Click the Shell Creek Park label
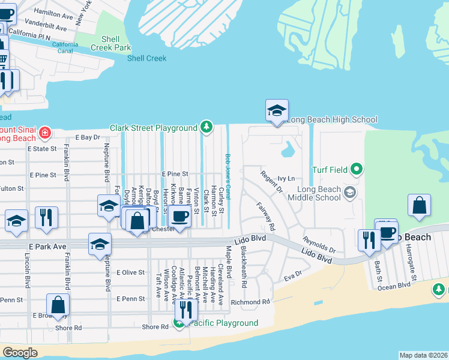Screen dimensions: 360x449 tap(111, 43)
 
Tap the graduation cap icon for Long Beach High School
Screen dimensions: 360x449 tap(277, 111)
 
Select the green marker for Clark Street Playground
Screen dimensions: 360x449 tap(206, 127)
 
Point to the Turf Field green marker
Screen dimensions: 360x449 tap(356, 170)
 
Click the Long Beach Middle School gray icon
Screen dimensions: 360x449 tap(350, 193)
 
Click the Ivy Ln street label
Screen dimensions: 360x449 tap(286, 179)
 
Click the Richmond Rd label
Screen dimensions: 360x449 tap(251, 302)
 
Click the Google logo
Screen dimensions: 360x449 tap(20, 353)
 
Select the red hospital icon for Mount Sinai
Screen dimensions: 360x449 tap(44, 132)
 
